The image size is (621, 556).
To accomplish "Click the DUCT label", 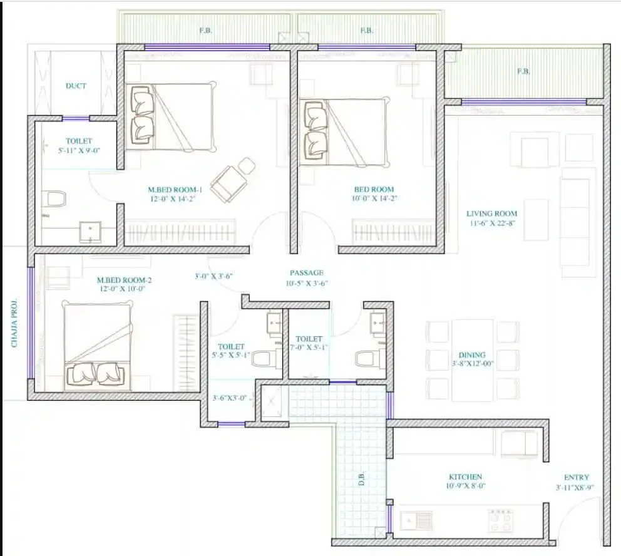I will pos(76,86).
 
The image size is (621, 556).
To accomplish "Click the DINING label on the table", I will pos(471,355).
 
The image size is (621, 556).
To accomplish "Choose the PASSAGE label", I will pos(306,273).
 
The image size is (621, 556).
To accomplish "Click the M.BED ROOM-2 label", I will pos(124,280).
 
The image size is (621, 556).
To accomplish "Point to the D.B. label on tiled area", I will pos(361,480).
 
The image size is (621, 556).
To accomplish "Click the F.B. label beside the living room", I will pos(523,71).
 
